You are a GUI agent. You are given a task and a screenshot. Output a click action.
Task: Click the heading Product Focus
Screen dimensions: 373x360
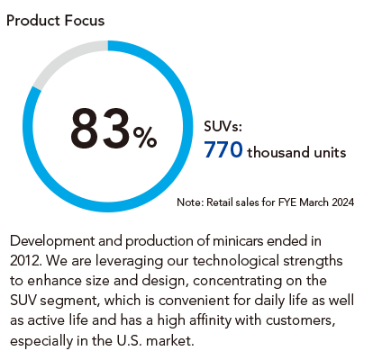(56, 21)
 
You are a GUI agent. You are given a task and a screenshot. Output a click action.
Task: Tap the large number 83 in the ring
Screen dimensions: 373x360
(101, 129)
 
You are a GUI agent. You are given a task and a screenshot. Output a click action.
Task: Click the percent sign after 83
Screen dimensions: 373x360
(145, 138)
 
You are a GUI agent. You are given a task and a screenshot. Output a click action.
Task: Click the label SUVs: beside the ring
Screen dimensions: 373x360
(223, 126)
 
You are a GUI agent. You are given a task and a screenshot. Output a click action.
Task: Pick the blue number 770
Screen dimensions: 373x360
(223, 149)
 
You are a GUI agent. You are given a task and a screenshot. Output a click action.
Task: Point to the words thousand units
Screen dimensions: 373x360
(296, 152)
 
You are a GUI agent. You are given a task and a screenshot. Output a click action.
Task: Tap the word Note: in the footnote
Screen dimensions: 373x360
(190, 202)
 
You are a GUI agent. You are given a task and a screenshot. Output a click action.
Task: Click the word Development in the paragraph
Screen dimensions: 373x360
(52, 241)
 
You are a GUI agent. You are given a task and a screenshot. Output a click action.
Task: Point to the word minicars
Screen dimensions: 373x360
(238, 241)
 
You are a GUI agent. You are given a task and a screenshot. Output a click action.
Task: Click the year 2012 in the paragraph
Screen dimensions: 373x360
(25, 261)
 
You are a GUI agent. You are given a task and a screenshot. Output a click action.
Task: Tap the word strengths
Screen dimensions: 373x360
(313, 261)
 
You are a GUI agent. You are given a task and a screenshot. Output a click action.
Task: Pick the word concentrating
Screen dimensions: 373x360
(238, 281)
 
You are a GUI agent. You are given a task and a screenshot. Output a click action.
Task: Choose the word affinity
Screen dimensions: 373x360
(211, 320)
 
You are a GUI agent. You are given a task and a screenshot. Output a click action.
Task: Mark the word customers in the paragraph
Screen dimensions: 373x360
(300, 321)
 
